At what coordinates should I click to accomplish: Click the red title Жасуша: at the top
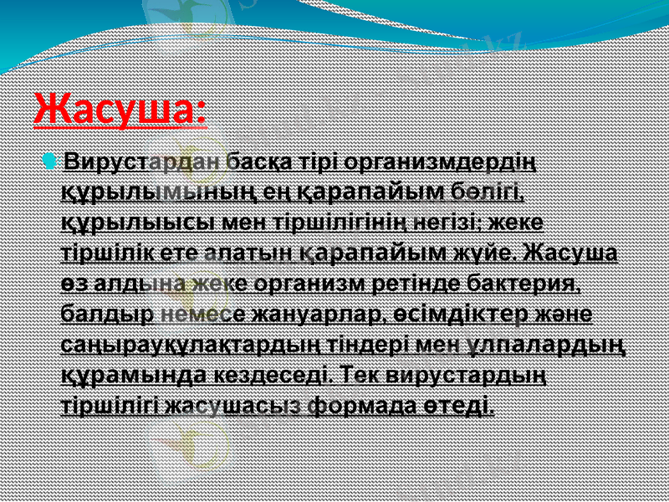coord(120,110)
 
